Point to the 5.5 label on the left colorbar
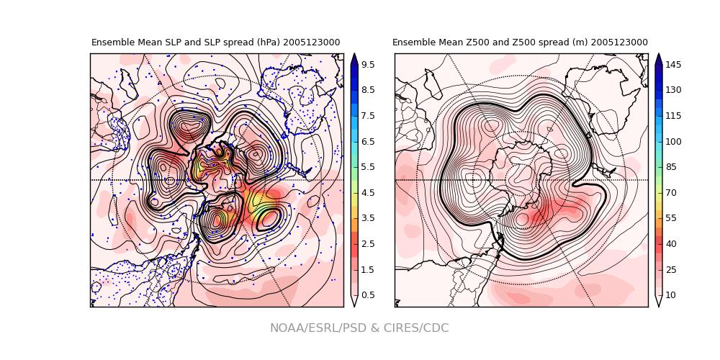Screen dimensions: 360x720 click(x=367, y=167)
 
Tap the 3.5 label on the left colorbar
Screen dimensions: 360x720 click(x=367, y=218)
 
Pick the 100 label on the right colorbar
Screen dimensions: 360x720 click(x=673, y=142)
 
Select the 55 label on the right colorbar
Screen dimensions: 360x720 click(x=671, y=218)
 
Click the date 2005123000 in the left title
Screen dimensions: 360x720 click(x=311, y=42)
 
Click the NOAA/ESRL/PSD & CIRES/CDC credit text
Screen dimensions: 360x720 click(x=359, y=328)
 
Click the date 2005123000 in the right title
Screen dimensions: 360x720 click(x=619, y=42)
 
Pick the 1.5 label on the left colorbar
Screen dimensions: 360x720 click(x=367, y=269)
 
